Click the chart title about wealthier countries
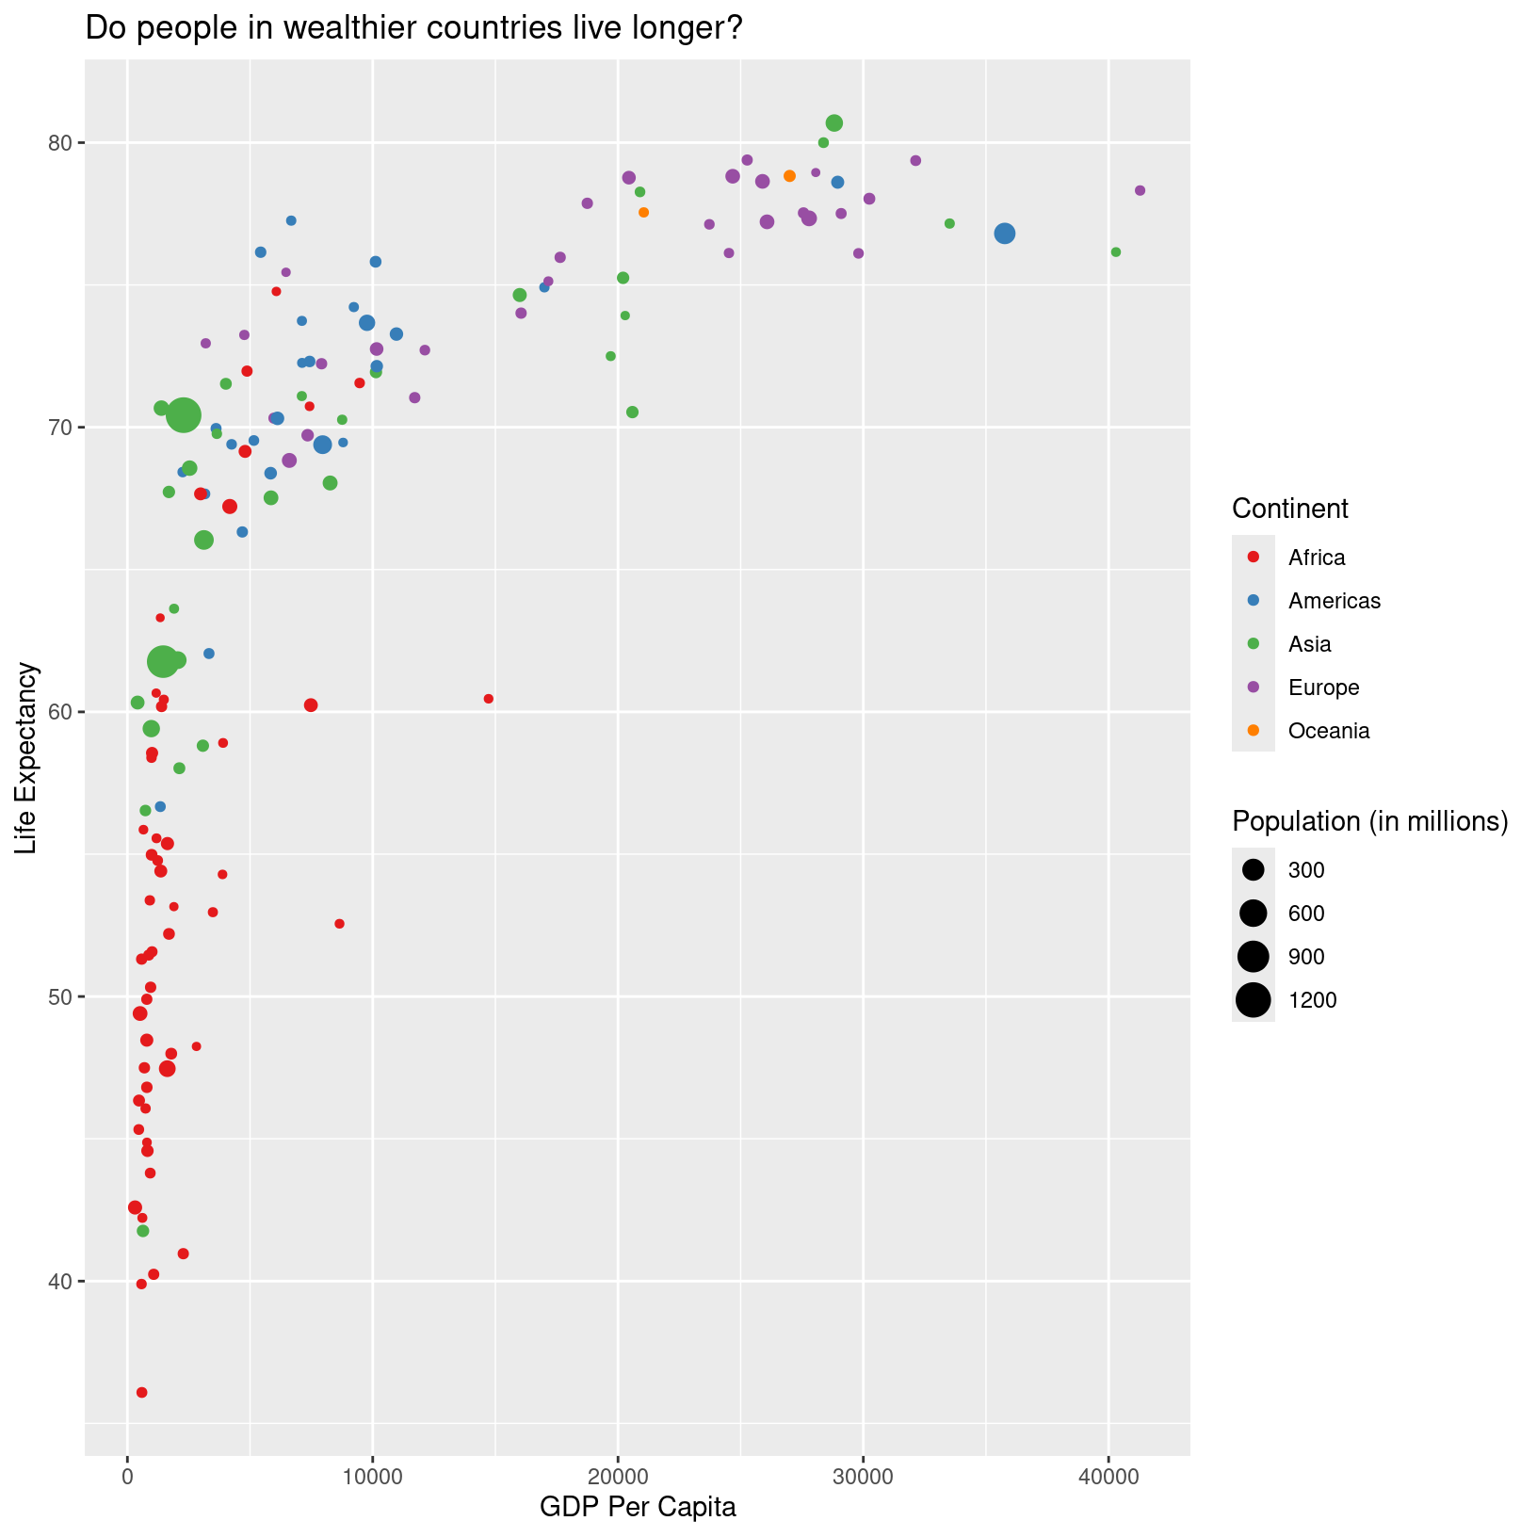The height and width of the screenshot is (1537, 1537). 414,28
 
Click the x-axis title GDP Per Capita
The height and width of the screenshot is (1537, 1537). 638,1507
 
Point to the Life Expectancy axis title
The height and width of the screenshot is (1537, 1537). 27,758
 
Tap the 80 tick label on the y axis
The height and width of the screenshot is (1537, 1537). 61,143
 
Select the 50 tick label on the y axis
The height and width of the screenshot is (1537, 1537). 61,997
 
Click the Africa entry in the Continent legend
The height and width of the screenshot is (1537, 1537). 1317,558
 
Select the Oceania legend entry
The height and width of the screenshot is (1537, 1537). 1328,731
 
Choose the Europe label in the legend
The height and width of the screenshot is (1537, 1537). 1323,688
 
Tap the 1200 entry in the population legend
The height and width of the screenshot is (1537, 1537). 1312,1000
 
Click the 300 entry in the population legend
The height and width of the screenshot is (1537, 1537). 1306,870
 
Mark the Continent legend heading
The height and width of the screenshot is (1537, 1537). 1289,509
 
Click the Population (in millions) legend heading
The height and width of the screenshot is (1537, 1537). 1369,821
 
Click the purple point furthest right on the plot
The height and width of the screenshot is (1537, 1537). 1140,190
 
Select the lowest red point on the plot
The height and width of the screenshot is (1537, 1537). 142,1392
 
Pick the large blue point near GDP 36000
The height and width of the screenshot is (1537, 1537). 1005,234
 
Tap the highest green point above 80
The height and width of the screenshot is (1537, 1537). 833,123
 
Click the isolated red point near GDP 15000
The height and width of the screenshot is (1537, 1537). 488,699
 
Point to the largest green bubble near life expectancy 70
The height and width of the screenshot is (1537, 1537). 184,414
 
